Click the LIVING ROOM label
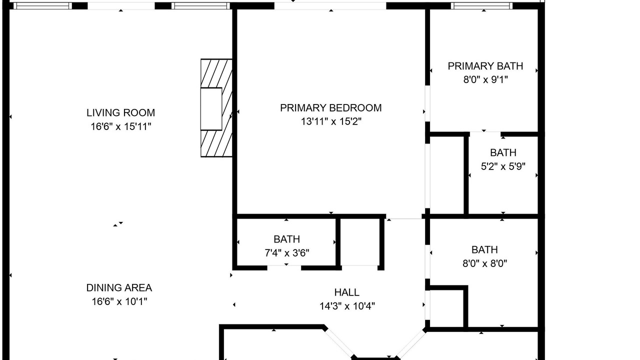point(120,113)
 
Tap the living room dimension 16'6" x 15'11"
point(120,126)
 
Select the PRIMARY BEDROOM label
point(330,108)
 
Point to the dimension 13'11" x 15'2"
point(331,121)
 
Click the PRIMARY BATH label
point(485,66)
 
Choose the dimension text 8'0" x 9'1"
point(485,79)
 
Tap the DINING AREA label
point(119,287)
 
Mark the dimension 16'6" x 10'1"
point(119,301)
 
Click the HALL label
point(346,292)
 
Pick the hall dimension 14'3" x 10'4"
point(347,306)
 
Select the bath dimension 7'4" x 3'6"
point(286,253)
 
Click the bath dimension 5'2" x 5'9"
point(503,166)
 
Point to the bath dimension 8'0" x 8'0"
point(484,263)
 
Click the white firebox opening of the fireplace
point(211,109)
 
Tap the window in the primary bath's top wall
point(481,5)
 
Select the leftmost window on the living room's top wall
point(43,5)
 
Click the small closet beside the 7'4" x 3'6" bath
point(359,242)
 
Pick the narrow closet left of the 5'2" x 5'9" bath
point(447,175)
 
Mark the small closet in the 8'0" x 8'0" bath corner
point(446,308)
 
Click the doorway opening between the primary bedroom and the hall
point(403,216)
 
